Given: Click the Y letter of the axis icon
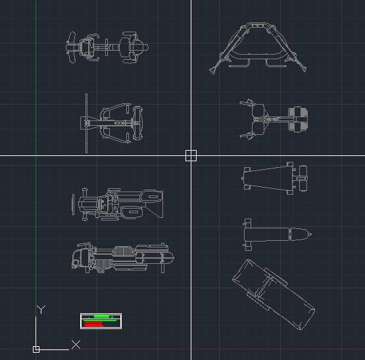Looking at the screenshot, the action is point(41,310).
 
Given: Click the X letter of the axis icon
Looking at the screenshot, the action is point(76,344).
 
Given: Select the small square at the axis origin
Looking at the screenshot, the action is point(36,349).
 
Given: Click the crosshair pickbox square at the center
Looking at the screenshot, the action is point(191,156).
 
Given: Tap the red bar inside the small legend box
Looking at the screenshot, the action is point(94,324).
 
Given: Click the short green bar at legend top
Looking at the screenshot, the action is point(101,317).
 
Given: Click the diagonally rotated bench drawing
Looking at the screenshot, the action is point(274,295).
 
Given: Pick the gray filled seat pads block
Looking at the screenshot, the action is point(298,119).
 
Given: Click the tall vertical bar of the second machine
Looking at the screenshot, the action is point(87,123).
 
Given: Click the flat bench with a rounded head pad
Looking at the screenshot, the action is point(278,234).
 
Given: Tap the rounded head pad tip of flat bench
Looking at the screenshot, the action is point(310,234).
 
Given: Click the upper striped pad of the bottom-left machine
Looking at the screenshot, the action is point(124,251).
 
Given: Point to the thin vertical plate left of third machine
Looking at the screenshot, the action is point(73,204).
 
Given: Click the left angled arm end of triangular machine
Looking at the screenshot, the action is point(212,70).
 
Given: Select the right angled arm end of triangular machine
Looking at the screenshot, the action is point(304,68).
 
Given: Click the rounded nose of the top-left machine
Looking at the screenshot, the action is point(146,47).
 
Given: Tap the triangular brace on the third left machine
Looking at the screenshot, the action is point(155,210).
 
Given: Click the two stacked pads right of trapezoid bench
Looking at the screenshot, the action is point(303,178).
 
